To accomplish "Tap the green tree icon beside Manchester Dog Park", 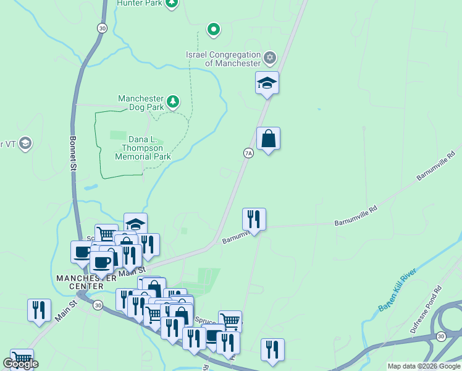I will point(174,100).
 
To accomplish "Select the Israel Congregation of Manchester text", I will point(224,59).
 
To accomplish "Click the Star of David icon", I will point(269,59).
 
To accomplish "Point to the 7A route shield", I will point(248,153).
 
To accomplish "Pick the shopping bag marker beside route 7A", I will point(268,139).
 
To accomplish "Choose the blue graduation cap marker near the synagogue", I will point(267,83).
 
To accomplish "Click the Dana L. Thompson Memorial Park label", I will point(143,148).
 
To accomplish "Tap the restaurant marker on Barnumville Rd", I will point(254,219).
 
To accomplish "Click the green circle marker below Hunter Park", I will point(214,29).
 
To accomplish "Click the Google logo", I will point(20,364).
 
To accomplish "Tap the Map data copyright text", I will point(424,366).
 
